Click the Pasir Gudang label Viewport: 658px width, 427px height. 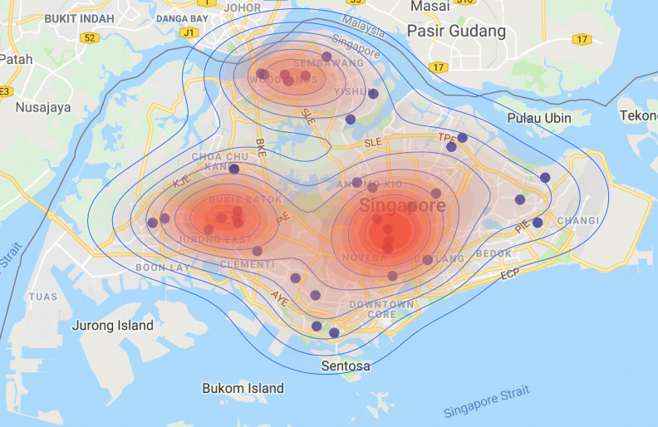(455, 32)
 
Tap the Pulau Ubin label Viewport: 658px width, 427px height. (539, 118)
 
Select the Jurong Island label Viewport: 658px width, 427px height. (112, 326)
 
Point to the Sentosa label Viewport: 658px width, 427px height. (346, 366)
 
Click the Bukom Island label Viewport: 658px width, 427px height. (243, 388)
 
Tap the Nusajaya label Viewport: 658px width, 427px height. (43, 107)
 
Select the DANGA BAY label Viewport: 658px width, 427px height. (182, 17)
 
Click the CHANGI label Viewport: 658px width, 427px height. (577, 220)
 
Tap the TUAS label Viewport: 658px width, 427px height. (43, 297)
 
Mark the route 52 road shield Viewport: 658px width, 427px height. (89, 38)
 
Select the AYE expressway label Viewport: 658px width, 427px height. (279, 298)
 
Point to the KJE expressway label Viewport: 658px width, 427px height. (182, 182)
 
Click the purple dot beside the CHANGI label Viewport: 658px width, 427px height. (538, 223)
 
